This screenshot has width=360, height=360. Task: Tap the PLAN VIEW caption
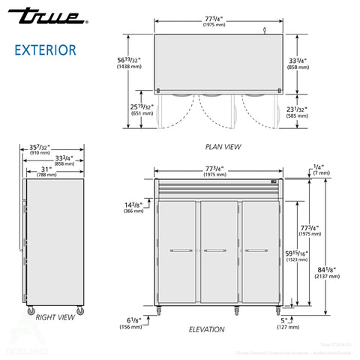coord(223,147)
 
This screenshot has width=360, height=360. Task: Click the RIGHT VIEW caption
coord(55,317)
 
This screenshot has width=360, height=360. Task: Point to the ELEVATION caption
coord(207,328)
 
